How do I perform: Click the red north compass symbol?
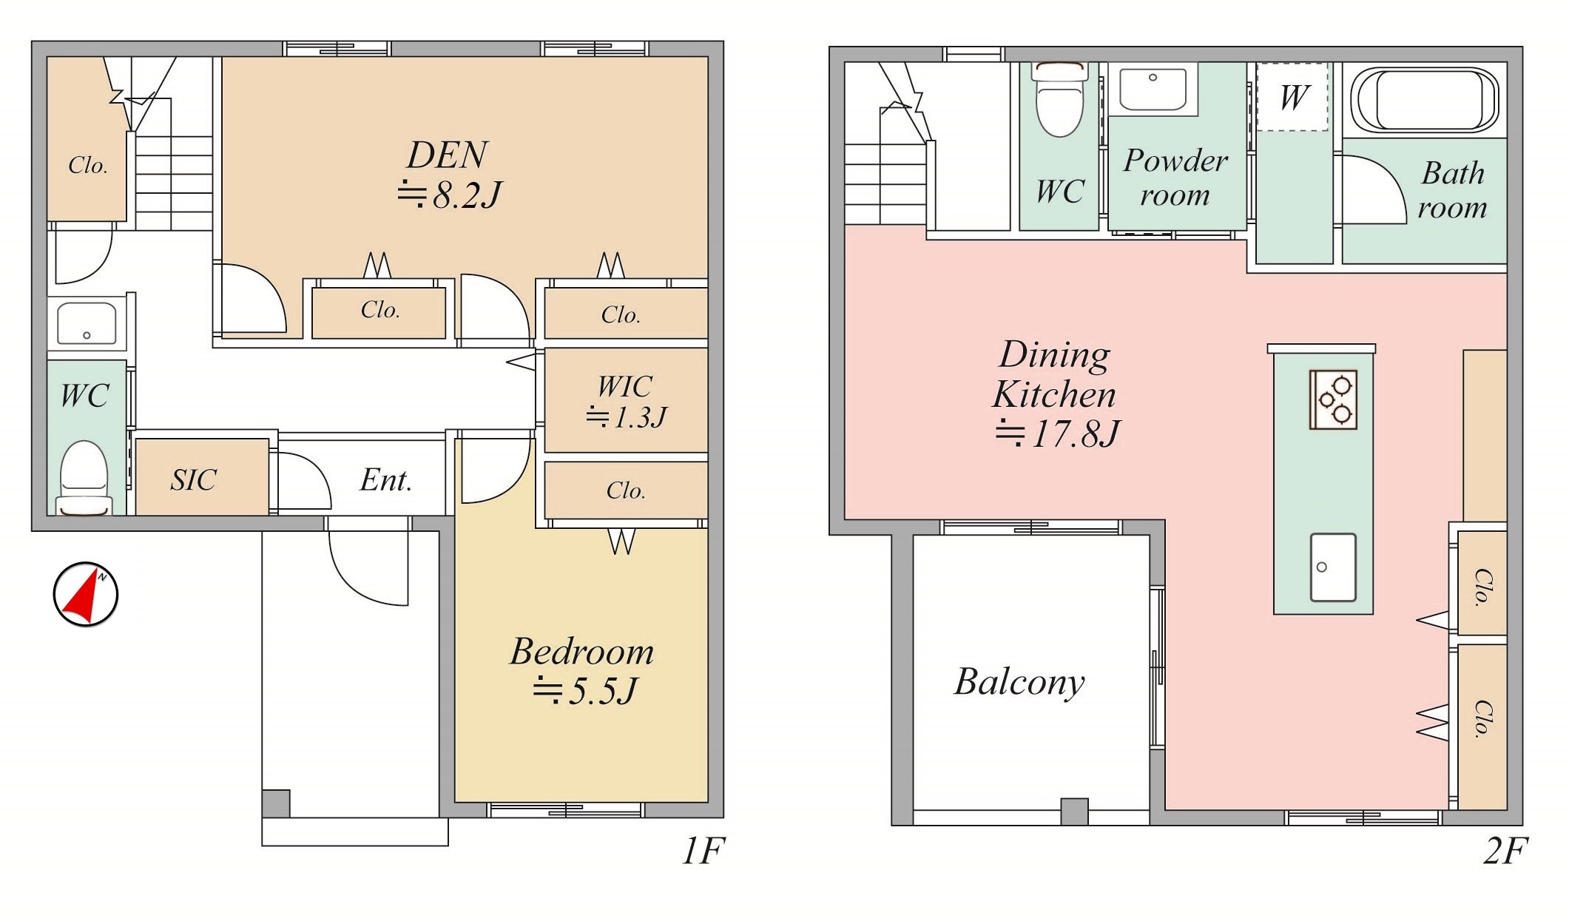(x=86, y=594)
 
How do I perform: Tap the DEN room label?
(x=448, y=155)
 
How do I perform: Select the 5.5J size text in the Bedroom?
(x=584, y=691)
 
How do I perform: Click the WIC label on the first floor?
(x=625, y=386)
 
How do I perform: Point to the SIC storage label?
(x=193, y=480)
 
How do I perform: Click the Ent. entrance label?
(x=385, y=480)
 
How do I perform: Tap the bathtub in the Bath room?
(x=1424, y=100)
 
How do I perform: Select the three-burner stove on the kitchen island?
(x=1333, y=399)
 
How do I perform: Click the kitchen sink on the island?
(x=1333, y=567)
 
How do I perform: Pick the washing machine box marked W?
(x=1292, y=97)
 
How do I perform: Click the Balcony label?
(x=1019, y=682)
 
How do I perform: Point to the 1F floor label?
(x=703, y=851)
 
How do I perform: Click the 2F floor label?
(x=1505, y=851)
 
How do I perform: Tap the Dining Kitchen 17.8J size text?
(x=1058, y=433)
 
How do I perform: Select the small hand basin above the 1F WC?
(x=87, y=323)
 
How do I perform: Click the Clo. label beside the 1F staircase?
(x=88, y=165)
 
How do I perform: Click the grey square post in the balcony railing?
(x=1074, y=812)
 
